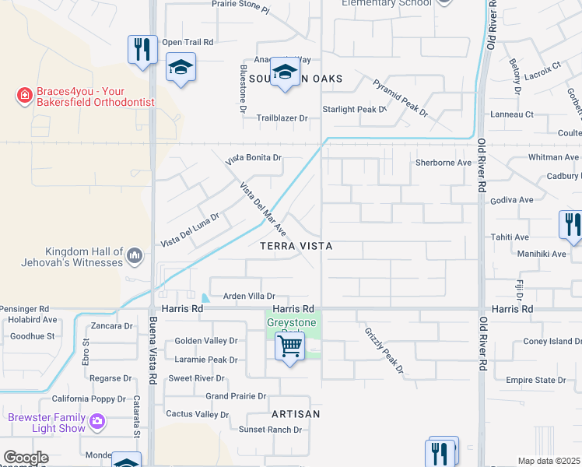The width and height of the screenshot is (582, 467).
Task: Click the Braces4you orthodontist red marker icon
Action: point(24,96)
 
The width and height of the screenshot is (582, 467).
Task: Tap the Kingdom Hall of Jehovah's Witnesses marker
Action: point(135,255)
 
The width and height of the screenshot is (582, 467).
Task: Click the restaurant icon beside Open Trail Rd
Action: point(141,51)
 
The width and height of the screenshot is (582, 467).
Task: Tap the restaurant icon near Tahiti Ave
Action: point(571,225)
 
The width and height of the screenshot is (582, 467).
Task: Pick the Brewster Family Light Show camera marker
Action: point(97,422)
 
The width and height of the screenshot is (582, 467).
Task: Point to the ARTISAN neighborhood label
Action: point(296,414)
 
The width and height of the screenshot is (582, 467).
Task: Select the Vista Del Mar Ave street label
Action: point(263,209)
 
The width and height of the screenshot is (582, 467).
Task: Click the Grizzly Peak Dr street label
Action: point(384,349)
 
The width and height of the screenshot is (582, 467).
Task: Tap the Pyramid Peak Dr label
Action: point(400,97)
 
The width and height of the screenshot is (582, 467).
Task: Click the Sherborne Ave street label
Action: point(444,163)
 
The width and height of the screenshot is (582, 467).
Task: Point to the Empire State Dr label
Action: point(535,380)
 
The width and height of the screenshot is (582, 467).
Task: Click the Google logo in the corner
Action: point(26,458)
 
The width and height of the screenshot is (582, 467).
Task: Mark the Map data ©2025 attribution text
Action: point(549,461)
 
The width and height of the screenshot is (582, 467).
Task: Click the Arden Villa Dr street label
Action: point(250,296)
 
